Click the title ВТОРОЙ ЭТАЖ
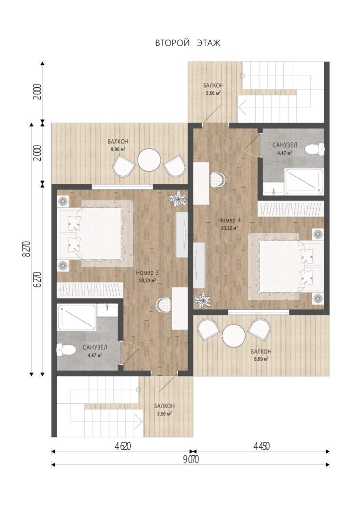[187, 43]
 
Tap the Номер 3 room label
[147, 272]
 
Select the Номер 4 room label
[229, 220]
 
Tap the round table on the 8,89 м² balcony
[234, 335]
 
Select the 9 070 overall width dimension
[190, 459]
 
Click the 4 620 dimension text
[122, 446]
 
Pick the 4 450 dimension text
[262, 446]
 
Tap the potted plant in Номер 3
[178, 199]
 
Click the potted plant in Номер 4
[203, 300]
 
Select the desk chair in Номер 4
[217, 179]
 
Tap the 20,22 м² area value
[229, 228]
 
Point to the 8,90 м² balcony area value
[118, 149]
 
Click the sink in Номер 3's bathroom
[107, 310]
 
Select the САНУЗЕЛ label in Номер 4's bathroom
[284, 145]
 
